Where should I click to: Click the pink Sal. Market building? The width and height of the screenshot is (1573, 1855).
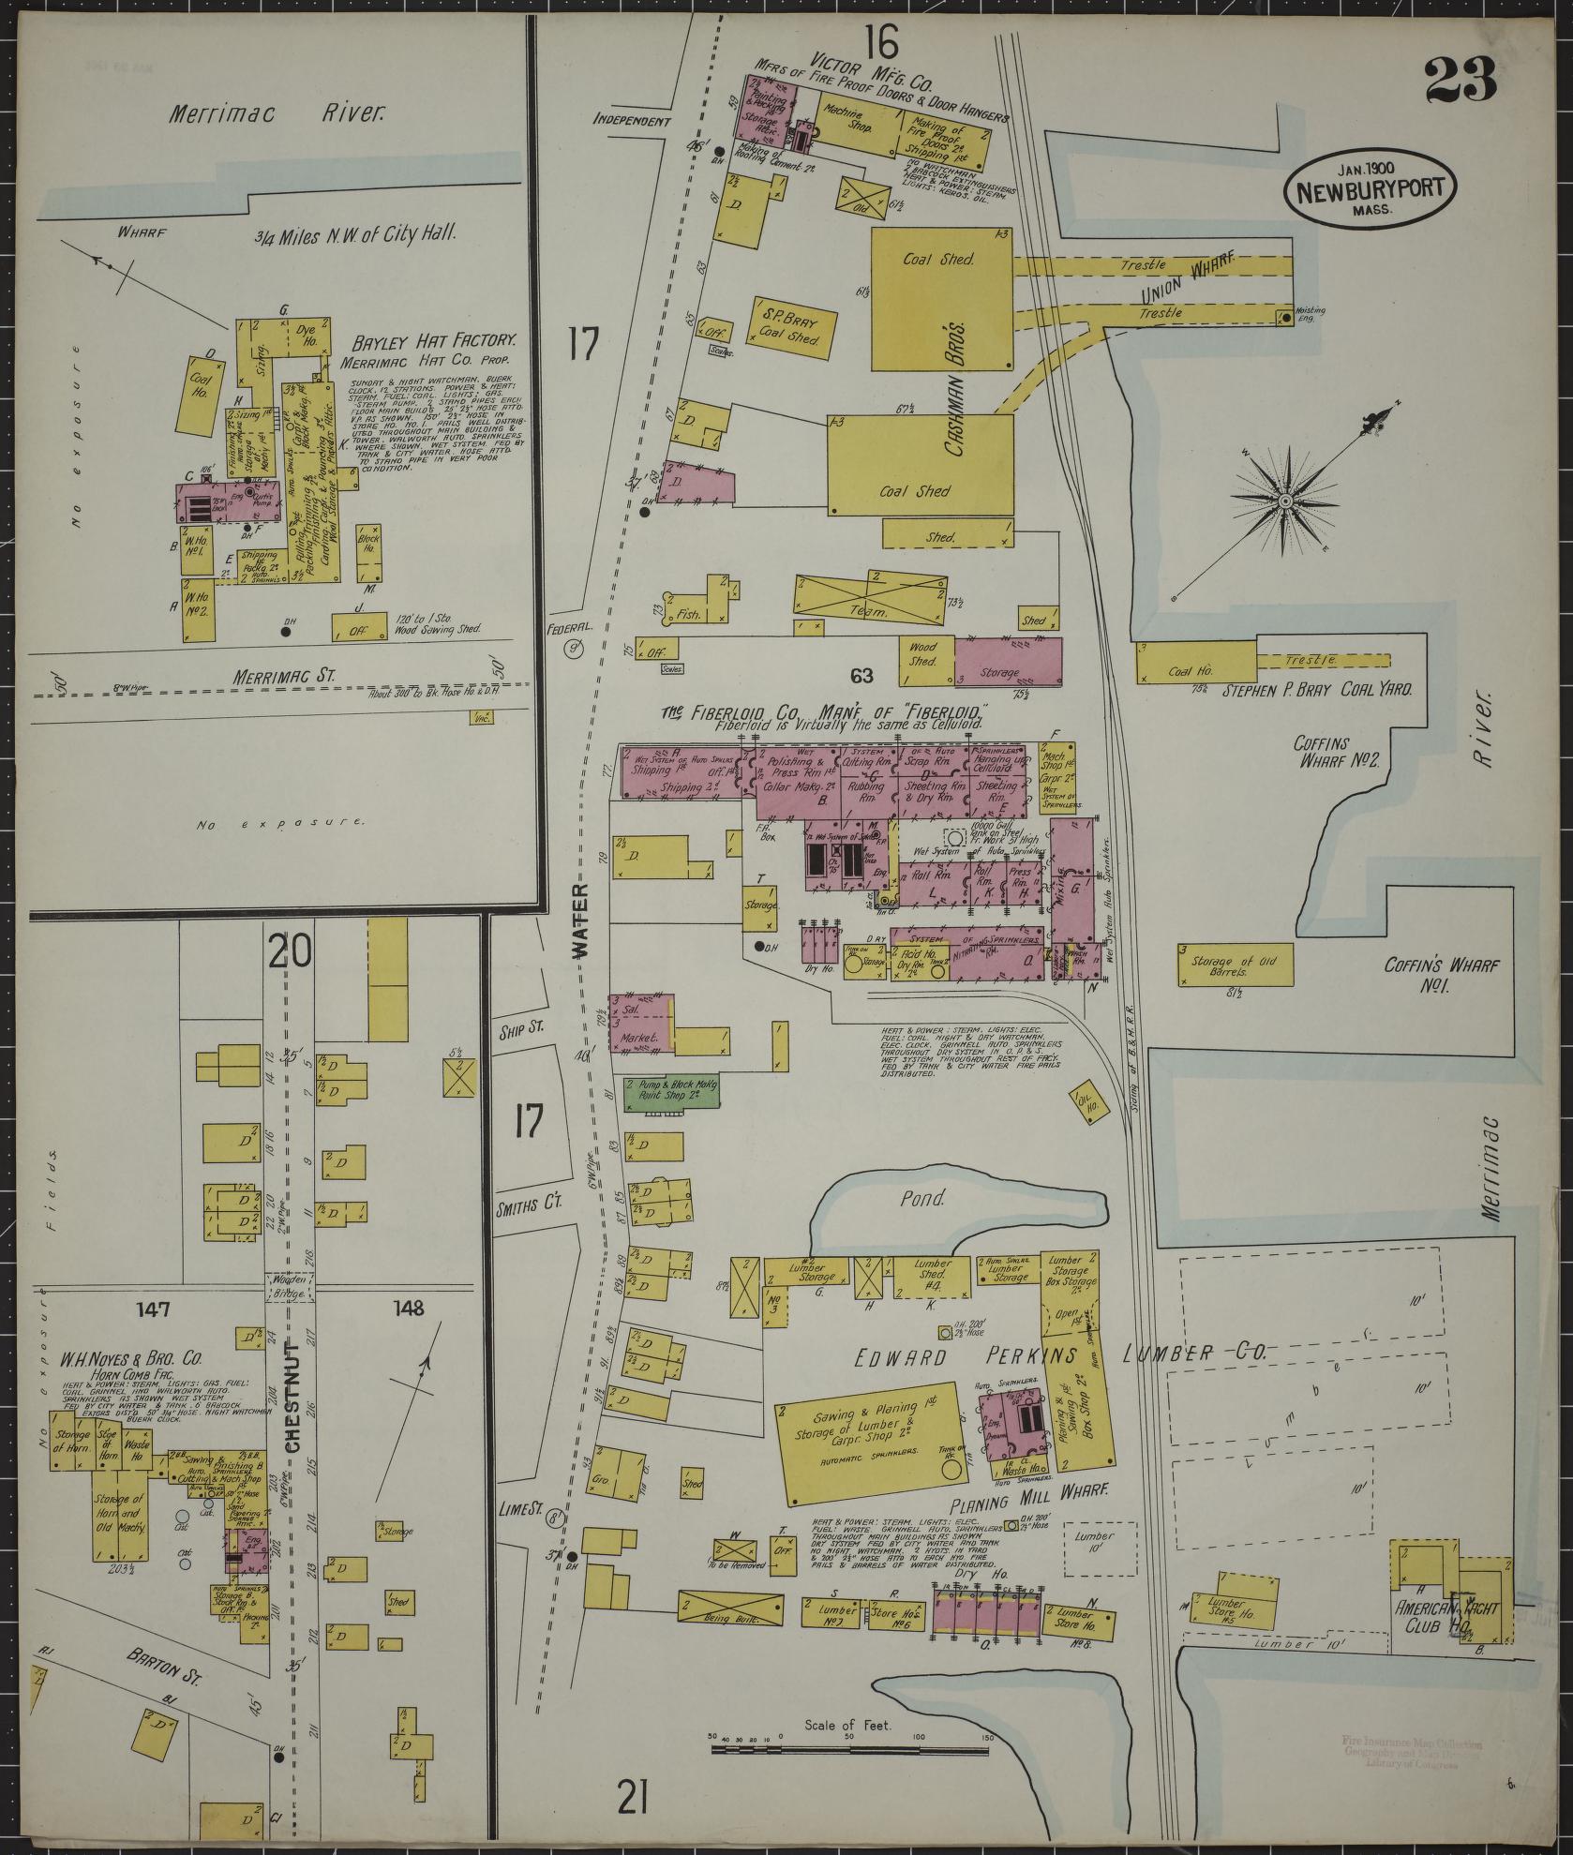(x=641, y=1025)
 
